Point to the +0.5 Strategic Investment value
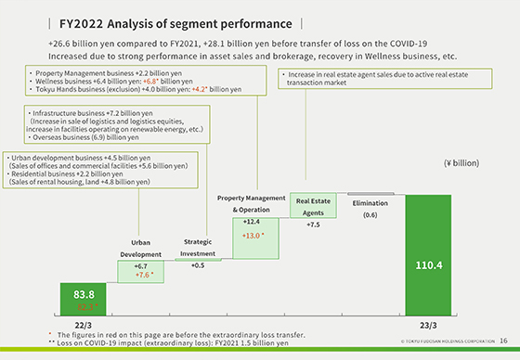tap(198, 265)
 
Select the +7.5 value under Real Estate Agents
tap(313, 225)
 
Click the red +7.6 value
tap(142, 275)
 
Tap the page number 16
tap(502, 341)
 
